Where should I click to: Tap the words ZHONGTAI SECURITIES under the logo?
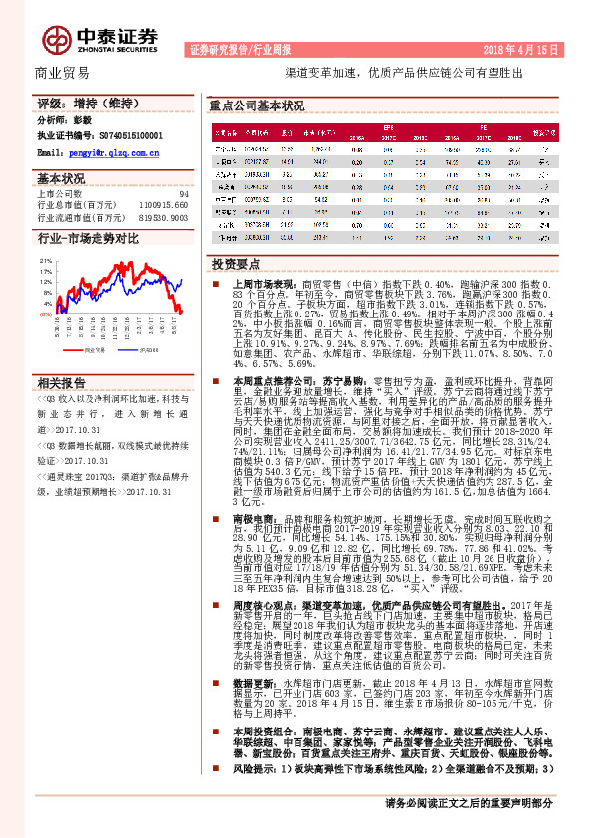tap(116, 46)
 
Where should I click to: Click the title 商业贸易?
tap(62, 73)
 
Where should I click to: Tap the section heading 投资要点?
tap(235, 263)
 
